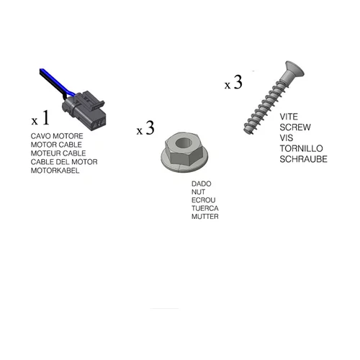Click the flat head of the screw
tap(294, 69)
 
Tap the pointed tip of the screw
tap(247, 131)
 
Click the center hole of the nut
tap(184, 143)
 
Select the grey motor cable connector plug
tap(84, 110)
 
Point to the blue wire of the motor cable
tap(56, 81)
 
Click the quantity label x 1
tap(40, 118)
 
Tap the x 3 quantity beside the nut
tap(145, 128)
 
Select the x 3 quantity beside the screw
tap(233, 82)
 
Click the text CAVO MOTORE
tap(57, 136)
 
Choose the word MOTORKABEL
tap(55, 171)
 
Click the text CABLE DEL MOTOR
tap(64, 162)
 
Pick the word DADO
tap(202, 184)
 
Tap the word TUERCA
tap(205, 208)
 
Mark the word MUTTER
tap(205, 217)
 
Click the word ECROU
tap(204, 200)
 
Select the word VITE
tap(289, 117)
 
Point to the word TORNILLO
tap(301, 148)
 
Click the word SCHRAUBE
tap(303, 159)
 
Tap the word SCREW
tap(295, 127)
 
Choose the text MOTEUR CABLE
tap(58, 153)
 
